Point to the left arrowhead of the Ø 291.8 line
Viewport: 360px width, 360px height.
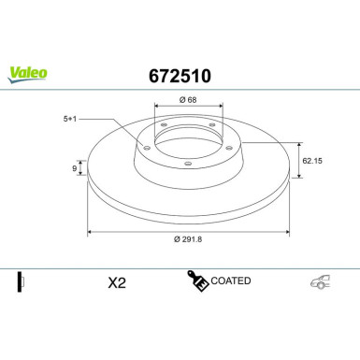91,233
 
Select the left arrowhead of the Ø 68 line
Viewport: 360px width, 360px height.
151,109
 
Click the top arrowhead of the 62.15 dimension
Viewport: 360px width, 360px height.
298,144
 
